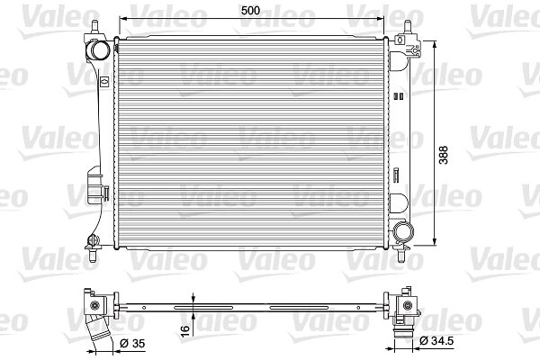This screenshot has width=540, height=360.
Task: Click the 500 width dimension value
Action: [x=250, y=11]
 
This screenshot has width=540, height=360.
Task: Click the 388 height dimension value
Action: [x=444, y=155]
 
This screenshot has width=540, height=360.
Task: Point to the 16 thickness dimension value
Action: [x=184, y=328]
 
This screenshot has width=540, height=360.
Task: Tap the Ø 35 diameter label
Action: [x=132, y=344]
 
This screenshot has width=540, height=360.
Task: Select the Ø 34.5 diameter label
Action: [x=436, y=341]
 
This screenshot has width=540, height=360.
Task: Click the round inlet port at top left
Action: [x=100, y=50]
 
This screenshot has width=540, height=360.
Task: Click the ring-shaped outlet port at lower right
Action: [x=403, y=231]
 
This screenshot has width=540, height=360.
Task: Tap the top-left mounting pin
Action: [x=95, y=27]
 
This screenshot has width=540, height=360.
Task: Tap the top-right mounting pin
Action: [x=408, y=28]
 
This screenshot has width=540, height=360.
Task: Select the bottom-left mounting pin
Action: [x=93, y=256]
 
